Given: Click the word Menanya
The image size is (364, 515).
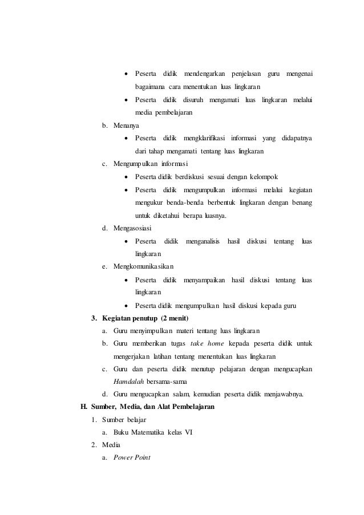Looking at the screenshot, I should click(x=126, y=125).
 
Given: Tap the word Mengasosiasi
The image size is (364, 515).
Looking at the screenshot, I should click(x=132, y=229).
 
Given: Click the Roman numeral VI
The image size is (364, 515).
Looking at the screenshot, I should click(x=188, y=432).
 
